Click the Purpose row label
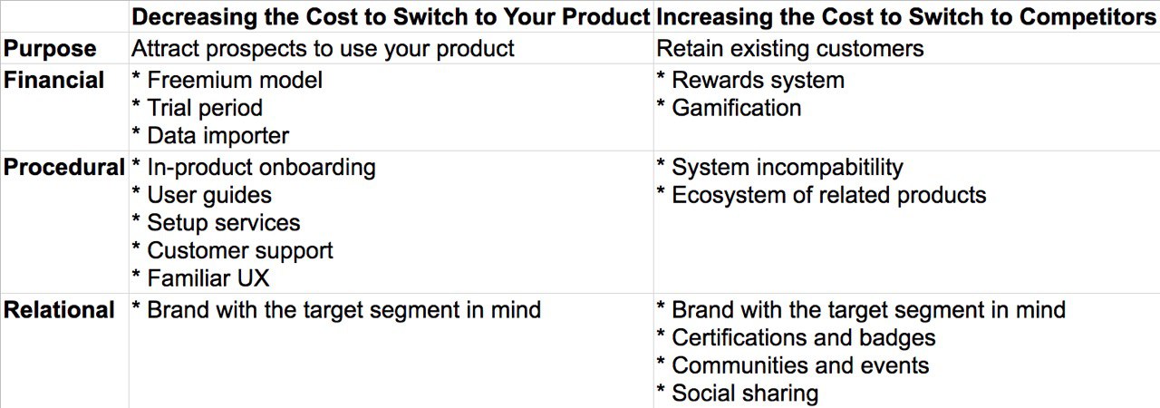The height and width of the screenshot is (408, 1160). point(50,49)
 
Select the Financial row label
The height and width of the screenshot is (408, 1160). point(53,81)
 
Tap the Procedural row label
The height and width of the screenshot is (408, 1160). point(64,167)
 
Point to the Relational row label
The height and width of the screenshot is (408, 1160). point(59,309)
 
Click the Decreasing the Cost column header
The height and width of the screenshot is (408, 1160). point(391,16)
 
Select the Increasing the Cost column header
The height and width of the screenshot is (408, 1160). point(905,16)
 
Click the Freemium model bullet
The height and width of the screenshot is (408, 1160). point(227,81)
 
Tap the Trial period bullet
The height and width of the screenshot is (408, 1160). point(198,108)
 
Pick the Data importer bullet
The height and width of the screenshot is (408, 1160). point(210,136)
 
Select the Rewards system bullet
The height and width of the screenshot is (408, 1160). point(750,81)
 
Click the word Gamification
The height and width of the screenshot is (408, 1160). point(737,108)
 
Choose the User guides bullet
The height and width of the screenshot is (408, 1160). point(202,195)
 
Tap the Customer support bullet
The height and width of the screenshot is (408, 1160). point(233,250)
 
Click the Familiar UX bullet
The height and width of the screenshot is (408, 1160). point(201,278)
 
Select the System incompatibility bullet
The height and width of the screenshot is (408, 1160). point(780,168)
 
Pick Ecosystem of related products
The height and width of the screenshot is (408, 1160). point(829,195)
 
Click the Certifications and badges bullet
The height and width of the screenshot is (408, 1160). point(796,337)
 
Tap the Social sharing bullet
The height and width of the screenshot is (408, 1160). point(738,393)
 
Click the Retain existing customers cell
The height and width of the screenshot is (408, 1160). point(789,49)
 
